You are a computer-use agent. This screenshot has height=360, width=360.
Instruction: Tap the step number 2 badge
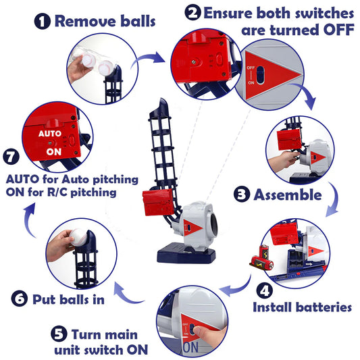click(193, 13)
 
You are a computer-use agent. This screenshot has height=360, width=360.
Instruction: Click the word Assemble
click(288, 196)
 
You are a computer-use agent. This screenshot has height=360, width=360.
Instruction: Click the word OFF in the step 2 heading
click(331, 30)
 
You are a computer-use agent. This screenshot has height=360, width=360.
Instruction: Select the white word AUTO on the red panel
click(51, 134)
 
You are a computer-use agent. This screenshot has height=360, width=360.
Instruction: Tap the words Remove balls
click(105, 20)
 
